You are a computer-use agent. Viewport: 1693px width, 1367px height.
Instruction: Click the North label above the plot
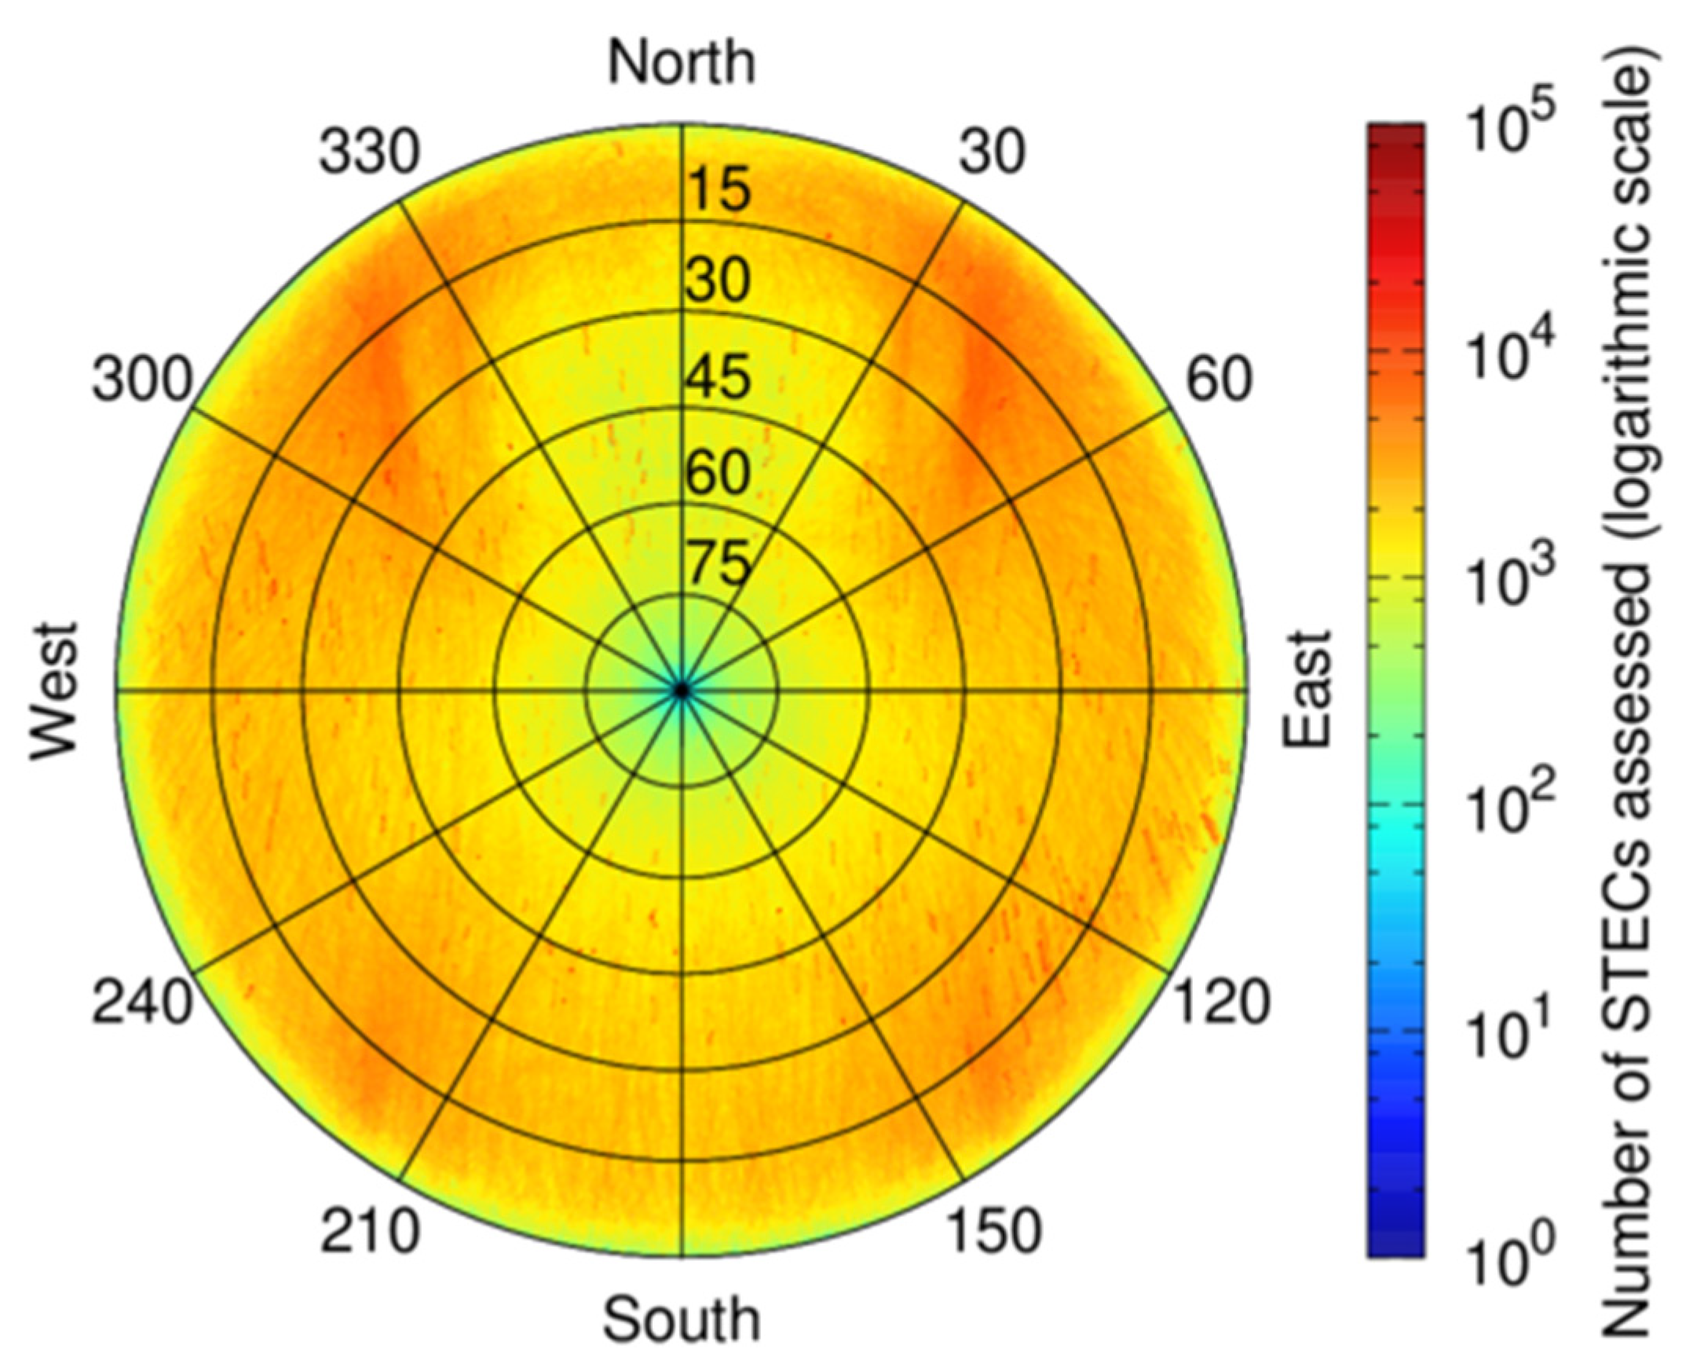point(682,63)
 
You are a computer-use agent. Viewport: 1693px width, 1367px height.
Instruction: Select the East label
point(1307,688)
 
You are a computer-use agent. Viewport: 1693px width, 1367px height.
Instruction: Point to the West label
point(55,691)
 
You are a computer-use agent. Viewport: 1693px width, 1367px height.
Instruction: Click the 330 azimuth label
point(369,152)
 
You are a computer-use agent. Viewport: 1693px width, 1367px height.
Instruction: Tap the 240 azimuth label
point(142,1002)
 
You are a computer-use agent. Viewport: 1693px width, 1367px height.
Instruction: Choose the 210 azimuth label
point(369,1231)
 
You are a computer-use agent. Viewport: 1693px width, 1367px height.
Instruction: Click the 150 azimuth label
point(993,1231)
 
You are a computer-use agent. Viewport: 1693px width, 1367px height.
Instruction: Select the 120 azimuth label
point(1222,1002)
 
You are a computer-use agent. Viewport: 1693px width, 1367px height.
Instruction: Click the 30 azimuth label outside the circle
point(992,152)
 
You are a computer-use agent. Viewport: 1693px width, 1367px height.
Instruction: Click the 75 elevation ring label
point(717,564)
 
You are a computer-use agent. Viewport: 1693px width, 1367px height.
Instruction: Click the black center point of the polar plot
point(682,690)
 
